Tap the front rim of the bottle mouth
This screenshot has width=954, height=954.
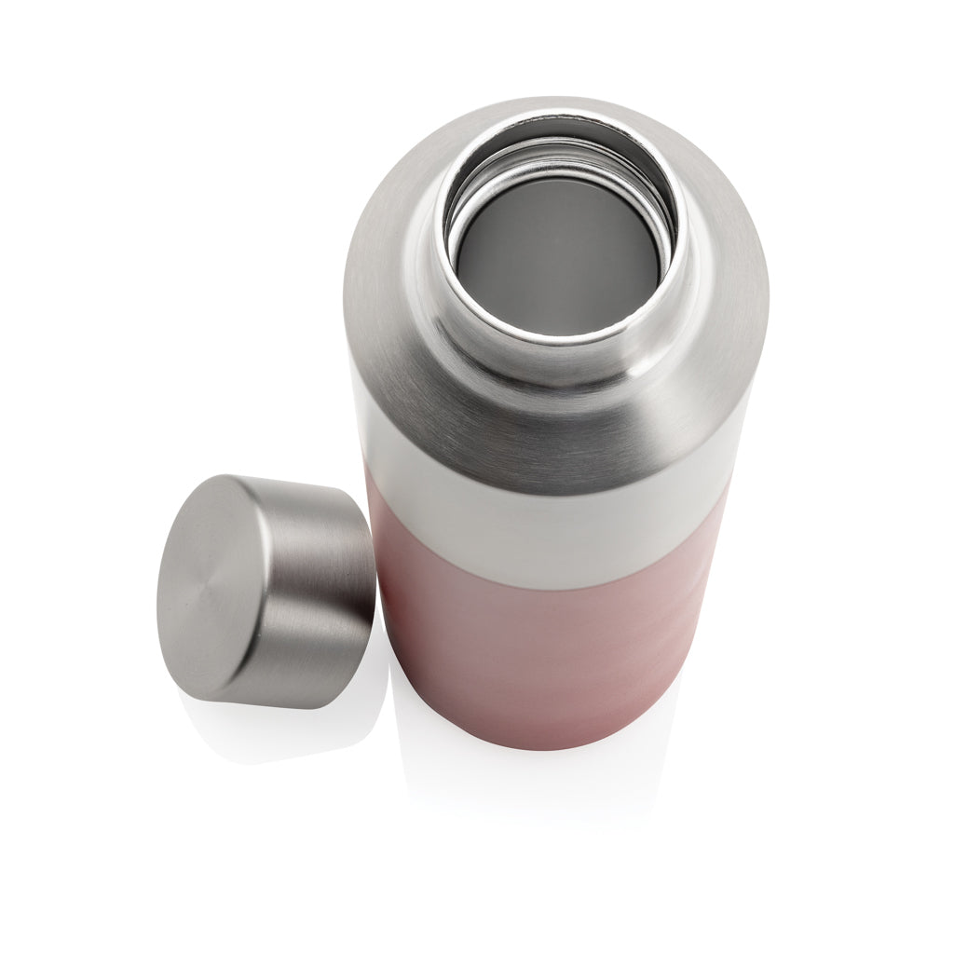pos(559,339)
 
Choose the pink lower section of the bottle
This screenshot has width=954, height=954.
pos(540,652)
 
